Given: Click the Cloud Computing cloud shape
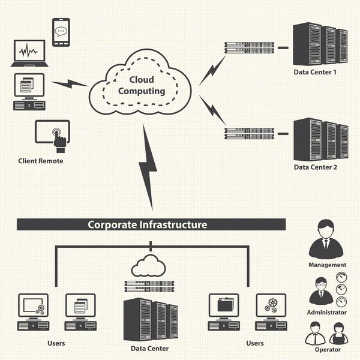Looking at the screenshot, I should (x=142, y=86).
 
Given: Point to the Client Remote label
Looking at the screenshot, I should (x=40, y=161).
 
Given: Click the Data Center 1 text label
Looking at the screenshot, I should (x=315, y=73).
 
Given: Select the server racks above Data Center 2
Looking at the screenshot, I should (x=320, y=139).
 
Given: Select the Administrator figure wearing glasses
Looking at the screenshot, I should (x=320, y=291).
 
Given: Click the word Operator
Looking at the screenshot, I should (x=327, y=349).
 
